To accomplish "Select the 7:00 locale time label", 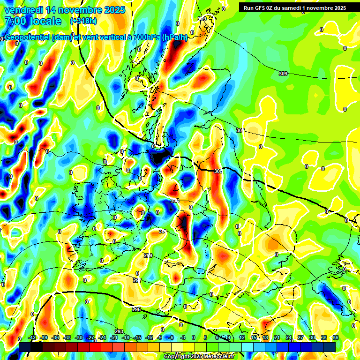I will tap(33, 21).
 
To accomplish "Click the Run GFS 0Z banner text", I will tap(292, 7).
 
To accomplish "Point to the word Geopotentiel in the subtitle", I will tap(29, 37).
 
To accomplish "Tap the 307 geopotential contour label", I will tap(240, 130).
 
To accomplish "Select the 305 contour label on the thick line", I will tap(217, 171).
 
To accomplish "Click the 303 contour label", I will tap(174, 201).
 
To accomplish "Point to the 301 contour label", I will tap(163, 231).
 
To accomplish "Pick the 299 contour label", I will tap(148, 255).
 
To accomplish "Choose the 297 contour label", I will tap(137, 280).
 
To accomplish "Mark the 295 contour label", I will tap(136, 309).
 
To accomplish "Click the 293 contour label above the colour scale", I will tap(119, 331).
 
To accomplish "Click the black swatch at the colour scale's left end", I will tap(31, 346).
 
